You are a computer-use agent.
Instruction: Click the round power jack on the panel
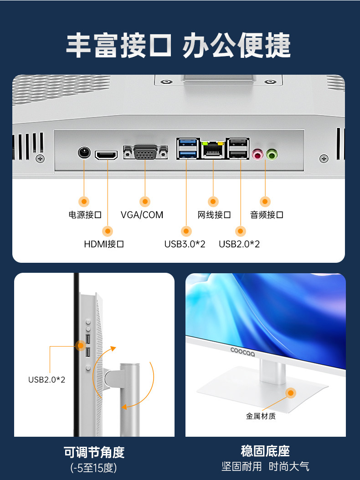click(x=84, y=152)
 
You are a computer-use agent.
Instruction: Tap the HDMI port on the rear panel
click(x=106, y=155)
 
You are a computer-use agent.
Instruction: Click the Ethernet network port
click(x=213, y=148)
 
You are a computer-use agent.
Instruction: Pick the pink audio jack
click(x=258, y=155)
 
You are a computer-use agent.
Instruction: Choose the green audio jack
click(x=272, y=155)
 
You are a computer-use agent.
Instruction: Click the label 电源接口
click(x=84, y=214)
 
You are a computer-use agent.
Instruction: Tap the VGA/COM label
click(x=142, y=214)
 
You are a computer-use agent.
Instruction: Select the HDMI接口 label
click(x=104, y=244)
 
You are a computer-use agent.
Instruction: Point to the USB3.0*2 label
click(x=185, y=244)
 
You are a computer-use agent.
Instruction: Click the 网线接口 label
click(x=214, y=214)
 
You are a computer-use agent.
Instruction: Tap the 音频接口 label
click(x=267, y=214)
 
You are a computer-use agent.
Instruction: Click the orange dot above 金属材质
click(x=290, y=393)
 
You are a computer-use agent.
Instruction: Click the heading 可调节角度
click(x=94, y=452)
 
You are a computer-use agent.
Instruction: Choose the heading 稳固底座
click(x=265, y=451)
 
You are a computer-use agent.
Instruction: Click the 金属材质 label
click(x=261, y=416)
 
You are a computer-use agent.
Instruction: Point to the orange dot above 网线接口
click(x=213, y=201)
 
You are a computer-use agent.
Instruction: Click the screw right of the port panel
click(x=324, y=158)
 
